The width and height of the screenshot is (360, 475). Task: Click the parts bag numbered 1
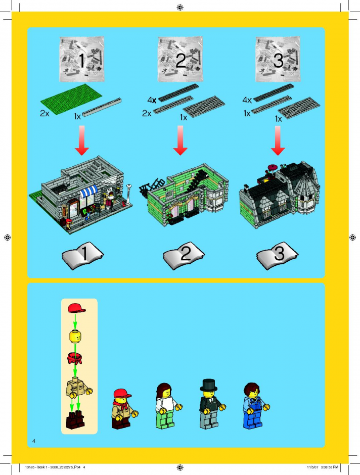pyautogui.click(x=82, y=59)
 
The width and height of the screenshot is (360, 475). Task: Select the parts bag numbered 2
pyautogui.click(x=181, y=59)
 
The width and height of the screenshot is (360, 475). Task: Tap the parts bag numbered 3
pyautogui.click(x=278, y=59)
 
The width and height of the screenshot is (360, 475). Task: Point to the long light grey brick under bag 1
pyautogui.click(x=102, y=107)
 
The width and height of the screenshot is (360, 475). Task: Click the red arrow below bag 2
pyautogui.click(x=181, y=140)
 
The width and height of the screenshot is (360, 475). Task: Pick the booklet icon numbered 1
pyautogui.click(x=83, y=255)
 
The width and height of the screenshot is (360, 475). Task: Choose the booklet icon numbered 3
pyautogui.click(x=277, y=255)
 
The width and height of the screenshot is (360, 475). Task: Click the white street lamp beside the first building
pyautogui.click(x=129, y=194)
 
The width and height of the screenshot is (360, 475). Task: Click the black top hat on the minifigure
pyautogui.click(x=208, y=385)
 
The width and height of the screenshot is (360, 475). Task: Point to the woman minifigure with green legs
pyautogui.click(x=167, y=406)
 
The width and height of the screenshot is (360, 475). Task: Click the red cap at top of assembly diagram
pyautogui.click(x=77, y=308)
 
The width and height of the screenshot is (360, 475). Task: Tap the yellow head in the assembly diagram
pyautogui.click(x=75, y=336)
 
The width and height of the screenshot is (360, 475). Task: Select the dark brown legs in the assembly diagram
pyautogui.click(x=75, y=420)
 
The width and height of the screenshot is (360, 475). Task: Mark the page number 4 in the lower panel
pyautogui.click(x=34, y=441)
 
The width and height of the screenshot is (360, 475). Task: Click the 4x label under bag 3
pyautogui.click(x=247, y=100)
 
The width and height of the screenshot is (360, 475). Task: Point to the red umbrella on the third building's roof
pyautogui.click(x=273, y=167)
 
